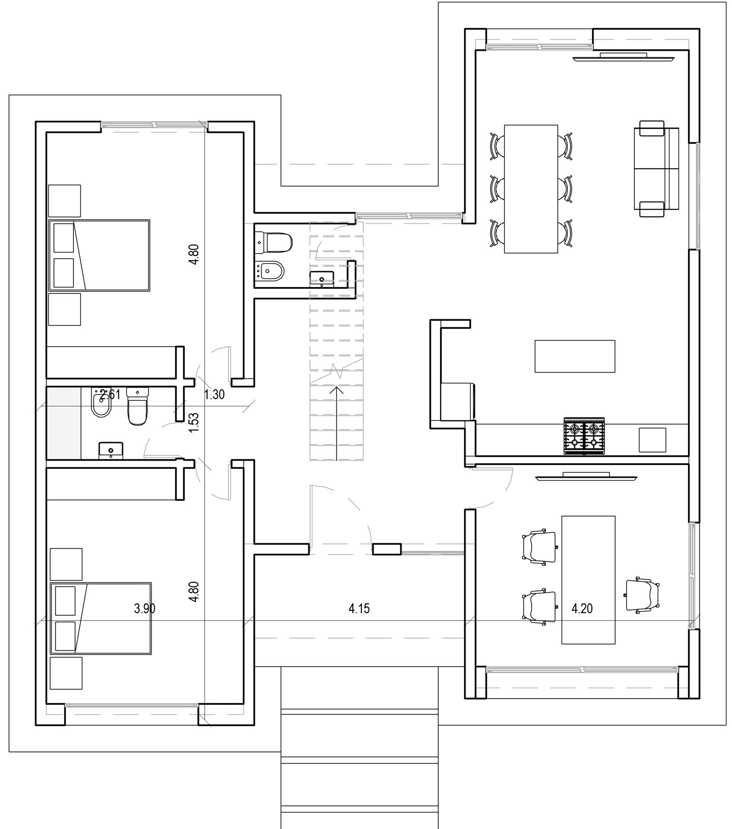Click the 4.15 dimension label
tap(359, 609)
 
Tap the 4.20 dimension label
tap(582, 609)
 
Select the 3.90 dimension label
tap(144, 609)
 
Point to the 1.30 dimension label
tap(214, 394)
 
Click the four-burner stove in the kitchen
tap(584, 436)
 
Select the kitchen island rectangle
tap(574, 356)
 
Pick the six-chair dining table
tap(531, 189)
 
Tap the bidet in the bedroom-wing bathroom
tap(101, 402)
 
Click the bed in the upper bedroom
tap(99, 255)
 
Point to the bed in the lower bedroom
tap(101, 618)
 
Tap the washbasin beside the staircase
tap(322, 279)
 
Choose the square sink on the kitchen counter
tap(652, 439)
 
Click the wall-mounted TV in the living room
tap(624, 57)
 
